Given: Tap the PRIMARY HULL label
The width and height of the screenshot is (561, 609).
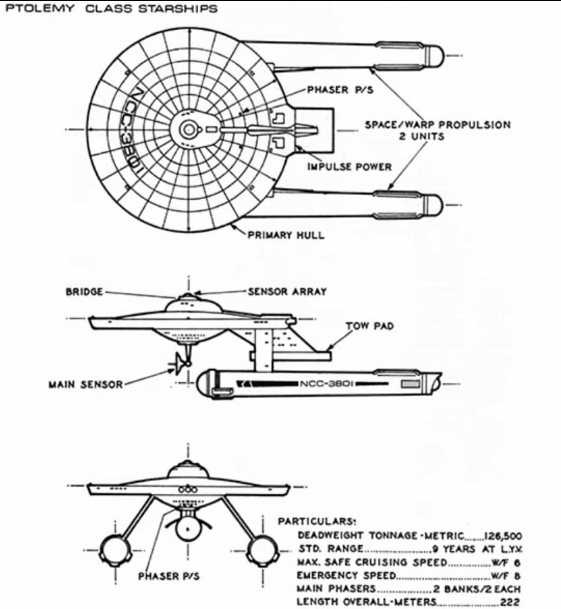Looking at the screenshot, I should click(x=286, y=235).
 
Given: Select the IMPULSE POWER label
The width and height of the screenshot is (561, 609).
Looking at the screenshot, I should click(x=349, y=167).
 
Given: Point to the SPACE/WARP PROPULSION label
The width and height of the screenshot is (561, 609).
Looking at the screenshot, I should click(x=437, y=125).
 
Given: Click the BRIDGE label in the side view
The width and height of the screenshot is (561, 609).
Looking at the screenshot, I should click(x=84, y=292).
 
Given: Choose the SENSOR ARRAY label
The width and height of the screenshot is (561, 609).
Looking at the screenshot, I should click(x=287, y=292).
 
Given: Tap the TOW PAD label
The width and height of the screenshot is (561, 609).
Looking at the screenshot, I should click(x=369, y=326).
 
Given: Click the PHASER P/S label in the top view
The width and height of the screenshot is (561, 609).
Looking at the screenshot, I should click(x=340, y=90).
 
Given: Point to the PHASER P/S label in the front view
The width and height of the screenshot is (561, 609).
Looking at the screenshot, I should click(x=169, y=576).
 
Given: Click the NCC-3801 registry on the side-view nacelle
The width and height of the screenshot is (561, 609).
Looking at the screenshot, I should click(x=328, y=384).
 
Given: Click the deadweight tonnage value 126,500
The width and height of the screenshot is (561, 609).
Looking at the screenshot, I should click(x=503, y=536).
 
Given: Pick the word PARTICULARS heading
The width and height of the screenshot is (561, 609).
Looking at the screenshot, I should click(x=316, y=521).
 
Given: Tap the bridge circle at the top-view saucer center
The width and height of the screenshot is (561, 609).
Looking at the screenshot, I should click(x=188, y=130).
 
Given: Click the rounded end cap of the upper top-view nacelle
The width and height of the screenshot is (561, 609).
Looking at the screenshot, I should click(x=435, y=55).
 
